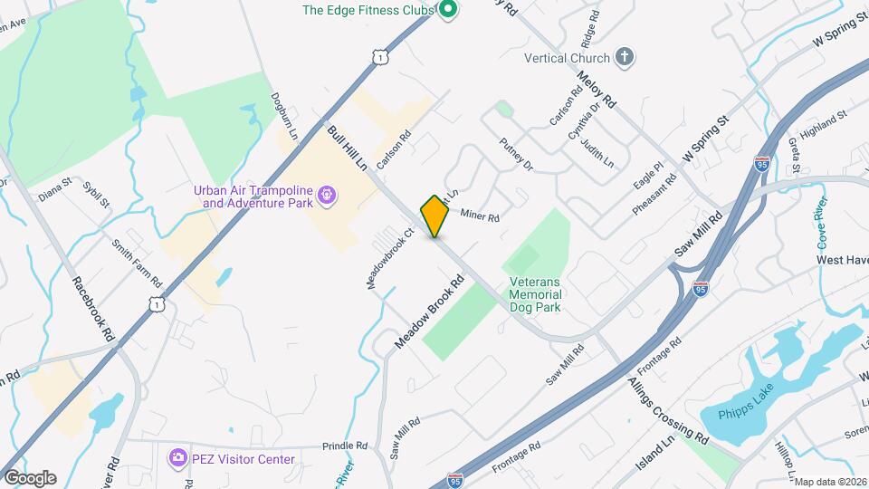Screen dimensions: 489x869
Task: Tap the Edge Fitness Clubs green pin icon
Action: (446, 11)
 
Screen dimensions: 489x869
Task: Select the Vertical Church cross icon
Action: (624, 57)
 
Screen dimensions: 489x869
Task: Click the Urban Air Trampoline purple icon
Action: (328, 196)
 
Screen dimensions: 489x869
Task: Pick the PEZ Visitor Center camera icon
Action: (177, 459)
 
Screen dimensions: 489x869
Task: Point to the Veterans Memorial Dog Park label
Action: (535, 294)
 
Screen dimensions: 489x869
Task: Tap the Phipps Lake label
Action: (742, 414)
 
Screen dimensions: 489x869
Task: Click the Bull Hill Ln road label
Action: (348, 149)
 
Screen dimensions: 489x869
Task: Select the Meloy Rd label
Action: (596, 91)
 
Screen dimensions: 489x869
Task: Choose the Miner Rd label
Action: (480, 216)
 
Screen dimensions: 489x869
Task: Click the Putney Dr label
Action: (517, 153)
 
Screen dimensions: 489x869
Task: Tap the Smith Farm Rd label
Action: (137, 262)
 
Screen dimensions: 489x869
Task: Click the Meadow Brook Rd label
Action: (429, 313)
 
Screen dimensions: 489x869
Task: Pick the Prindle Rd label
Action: (348, 446)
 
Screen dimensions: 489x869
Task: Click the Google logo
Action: (30, 478)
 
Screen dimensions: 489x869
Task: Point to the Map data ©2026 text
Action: (830, 482)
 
